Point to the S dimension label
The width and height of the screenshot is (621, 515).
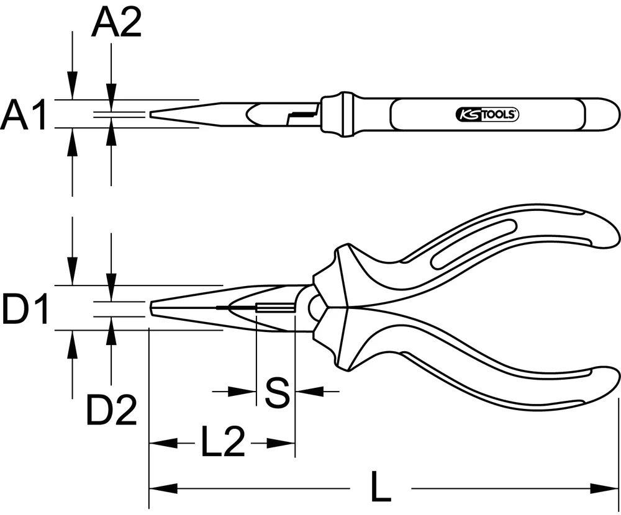point(277,392)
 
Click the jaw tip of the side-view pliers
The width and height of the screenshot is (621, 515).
point(153,308)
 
